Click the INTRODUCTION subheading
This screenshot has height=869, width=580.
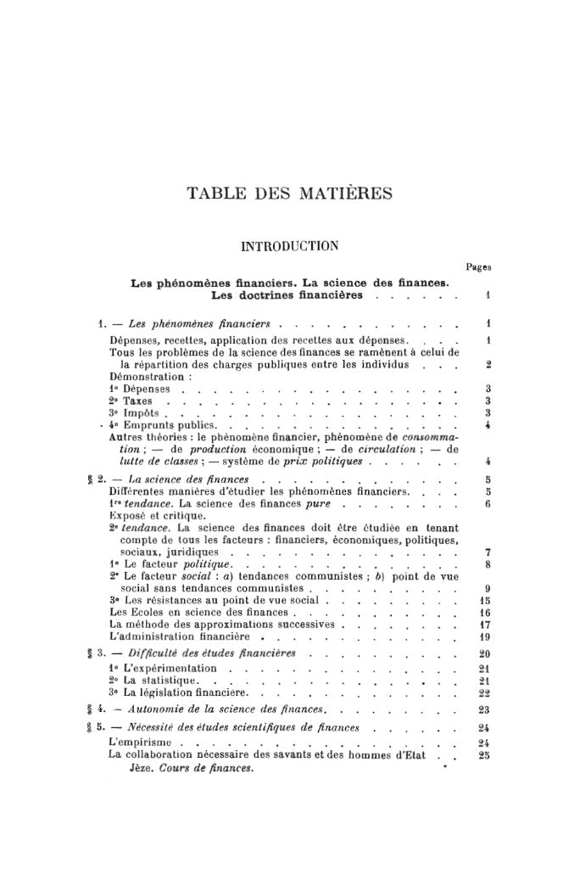coord(290,247)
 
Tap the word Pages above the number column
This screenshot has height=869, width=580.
coord(480,266)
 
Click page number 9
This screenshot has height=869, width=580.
coord(480,587)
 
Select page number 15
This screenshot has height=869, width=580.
coord(479,600)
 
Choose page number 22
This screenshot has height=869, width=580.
coord(479,693)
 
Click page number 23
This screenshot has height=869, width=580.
coord(479,709)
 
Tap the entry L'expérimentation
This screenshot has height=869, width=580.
coord(163,669)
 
